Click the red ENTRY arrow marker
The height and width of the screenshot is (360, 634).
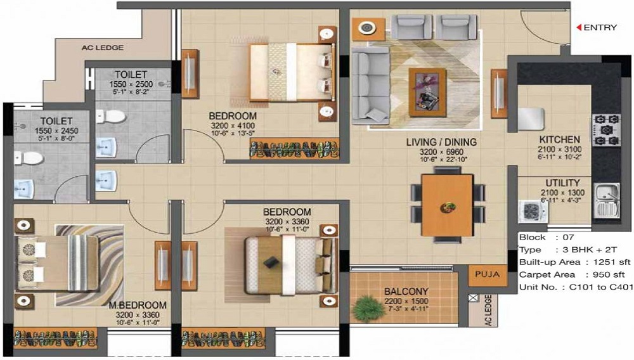579,27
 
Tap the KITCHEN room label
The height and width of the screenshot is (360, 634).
560,139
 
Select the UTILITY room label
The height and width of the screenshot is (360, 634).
562,183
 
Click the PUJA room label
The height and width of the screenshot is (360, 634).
487,274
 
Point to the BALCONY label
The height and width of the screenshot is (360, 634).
406,292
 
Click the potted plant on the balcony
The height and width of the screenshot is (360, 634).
368,308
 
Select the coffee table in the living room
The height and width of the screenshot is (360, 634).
427,93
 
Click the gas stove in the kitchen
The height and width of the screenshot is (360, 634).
605,130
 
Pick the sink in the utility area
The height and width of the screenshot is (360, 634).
606,200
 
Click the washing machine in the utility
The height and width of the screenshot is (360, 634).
533,211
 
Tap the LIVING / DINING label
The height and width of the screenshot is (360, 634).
441,142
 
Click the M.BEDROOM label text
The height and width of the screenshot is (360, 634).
138,305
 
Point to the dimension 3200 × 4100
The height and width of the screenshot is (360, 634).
233,125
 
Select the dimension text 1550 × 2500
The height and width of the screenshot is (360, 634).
131,84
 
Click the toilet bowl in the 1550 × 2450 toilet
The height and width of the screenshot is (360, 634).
29,158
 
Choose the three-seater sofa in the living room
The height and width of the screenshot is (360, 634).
370,86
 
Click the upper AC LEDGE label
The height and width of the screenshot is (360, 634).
103,48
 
